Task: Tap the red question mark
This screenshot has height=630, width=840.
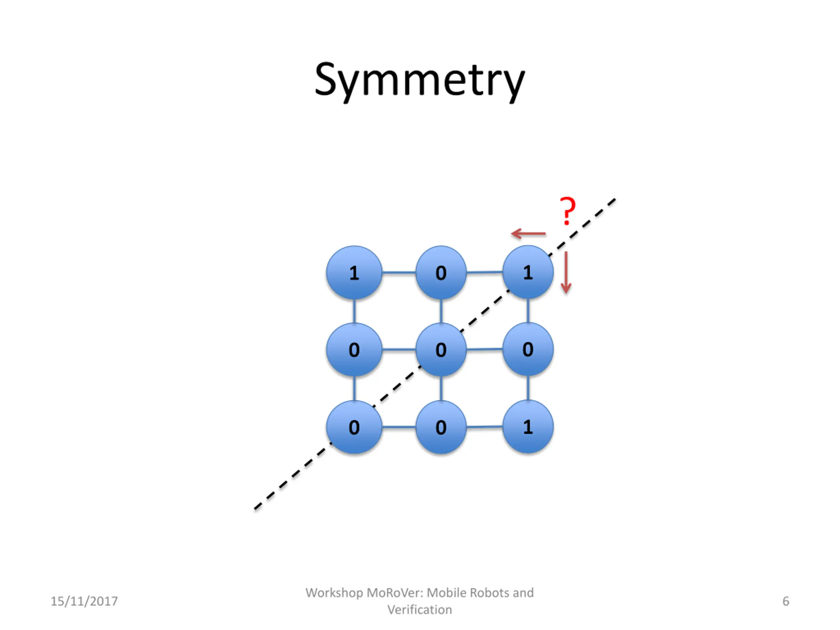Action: point(568,211)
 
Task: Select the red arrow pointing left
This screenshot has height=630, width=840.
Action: point(528,234)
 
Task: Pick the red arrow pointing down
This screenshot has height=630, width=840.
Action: point(566,272)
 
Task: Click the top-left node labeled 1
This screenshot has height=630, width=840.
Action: point(354,273)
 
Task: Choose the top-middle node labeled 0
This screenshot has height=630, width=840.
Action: point(441,273)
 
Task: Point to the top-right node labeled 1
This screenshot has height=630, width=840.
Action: point(528,272)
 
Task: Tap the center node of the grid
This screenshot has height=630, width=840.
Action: point(441,349)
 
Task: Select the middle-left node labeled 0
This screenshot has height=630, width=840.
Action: point(354,349)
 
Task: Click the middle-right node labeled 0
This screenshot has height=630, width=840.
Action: point(528,349)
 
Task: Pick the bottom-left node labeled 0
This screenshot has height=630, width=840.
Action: point(354,427)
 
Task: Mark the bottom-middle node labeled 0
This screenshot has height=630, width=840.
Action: point(441,427)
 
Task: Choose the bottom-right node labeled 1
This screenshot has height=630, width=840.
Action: point(528,427)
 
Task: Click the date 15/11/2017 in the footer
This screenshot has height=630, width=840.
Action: point(84,601)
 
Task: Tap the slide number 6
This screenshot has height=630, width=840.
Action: point(786,601)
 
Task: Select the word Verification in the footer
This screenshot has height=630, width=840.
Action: point(420,610)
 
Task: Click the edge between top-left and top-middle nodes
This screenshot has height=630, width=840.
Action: point(399,273)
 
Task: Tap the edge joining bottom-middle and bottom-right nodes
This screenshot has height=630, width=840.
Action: point(485,427)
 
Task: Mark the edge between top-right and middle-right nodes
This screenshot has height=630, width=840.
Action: point(528,311)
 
